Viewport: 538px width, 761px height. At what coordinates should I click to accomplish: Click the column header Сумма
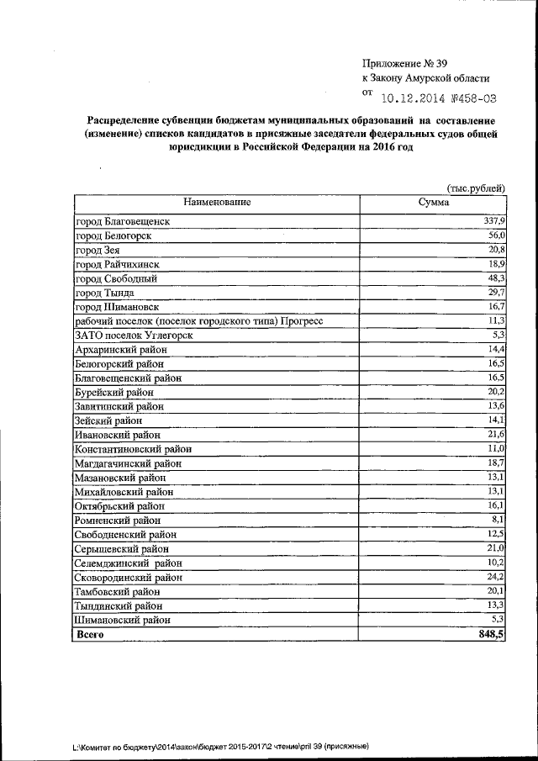tap(434, 202)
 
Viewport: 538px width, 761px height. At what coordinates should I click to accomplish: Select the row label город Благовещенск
tap(123, 221)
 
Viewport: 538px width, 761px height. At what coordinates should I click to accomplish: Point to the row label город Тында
tap(104, 293)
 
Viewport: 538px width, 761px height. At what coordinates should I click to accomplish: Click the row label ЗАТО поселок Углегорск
tap(134, 335)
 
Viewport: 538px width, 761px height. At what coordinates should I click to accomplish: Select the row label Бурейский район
tap(114, 392)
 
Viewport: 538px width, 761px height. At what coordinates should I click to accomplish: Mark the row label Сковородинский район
tap(129, 577)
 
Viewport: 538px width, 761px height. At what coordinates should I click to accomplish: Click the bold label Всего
tap(90, 635)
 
